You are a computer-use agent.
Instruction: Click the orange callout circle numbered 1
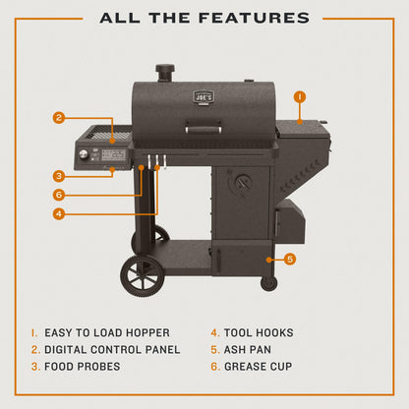[x=300, y=97]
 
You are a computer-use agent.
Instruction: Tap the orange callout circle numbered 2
[x=59, y=118]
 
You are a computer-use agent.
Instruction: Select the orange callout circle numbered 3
[x=59, y=176]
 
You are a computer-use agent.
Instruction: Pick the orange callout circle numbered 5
[x=289, y=260]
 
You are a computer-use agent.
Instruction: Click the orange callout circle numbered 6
[x=59, y=195]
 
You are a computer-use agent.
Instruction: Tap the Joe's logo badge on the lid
[x=201, y=98]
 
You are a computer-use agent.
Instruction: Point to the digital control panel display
[x=110, y=155]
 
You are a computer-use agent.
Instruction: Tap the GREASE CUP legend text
[x=260, y=366]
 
